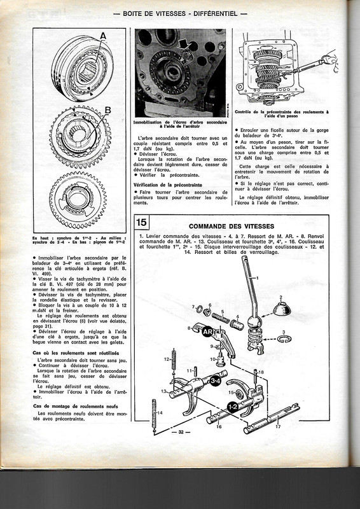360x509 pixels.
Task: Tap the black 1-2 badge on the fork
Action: [x=233, y=404]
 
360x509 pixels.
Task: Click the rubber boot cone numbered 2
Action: [x=282, y=310]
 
